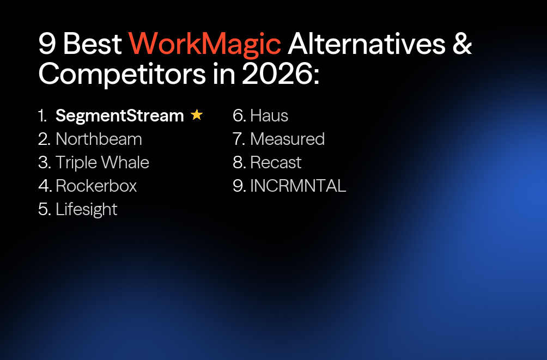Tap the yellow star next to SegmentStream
(197, 115)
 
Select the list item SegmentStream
(120, 115)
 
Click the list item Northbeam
(99, 139)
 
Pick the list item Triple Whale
(102, 162)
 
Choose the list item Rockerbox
(96, 186)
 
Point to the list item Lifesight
(86, 209)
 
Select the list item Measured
(287, 139)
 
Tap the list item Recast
(276, 162)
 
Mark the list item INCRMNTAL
(298, 186)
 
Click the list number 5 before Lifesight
(44, 209)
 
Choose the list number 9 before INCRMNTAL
(238, 186)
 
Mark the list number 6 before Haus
(238, 115)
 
